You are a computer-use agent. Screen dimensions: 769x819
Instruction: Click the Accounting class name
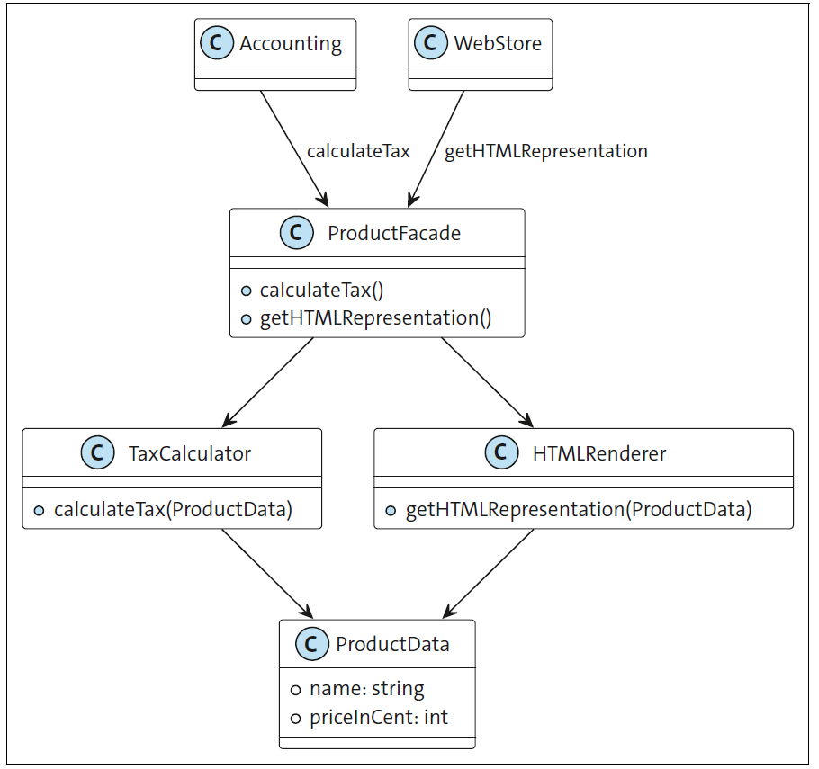coord(290,43)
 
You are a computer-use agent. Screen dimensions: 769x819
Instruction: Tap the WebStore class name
coord(498,43)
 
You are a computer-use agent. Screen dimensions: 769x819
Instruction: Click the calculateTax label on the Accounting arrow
coord(358,151)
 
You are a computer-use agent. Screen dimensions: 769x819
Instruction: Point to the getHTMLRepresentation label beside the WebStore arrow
coord(546,151)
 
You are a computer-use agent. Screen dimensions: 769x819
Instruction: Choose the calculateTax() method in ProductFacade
coord(321,291)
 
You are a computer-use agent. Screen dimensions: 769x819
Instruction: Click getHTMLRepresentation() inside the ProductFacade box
coord(375,318)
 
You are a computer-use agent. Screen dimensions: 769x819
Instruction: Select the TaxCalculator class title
coord(190,453)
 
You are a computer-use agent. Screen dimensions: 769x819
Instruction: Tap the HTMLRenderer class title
coord(599,453)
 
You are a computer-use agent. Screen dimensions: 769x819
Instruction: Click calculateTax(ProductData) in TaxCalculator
coord(173,510)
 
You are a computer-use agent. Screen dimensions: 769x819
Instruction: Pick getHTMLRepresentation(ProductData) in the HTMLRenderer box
coord(578,510)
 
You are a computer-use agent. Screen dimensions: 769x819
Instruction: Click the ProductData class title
coord(392,644)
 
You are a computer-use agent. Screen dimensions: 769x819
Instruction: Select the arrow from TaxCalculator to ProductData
coord(265,572)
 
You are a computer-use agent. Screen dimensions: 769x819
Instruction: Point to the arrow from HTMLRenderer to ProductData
coord(488,572)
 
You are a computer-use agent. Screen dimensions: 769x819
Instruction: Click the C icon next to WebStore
coord(431,43)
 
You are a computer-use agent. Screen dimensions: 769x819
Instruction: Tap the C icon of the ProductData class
coord(311,644)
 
